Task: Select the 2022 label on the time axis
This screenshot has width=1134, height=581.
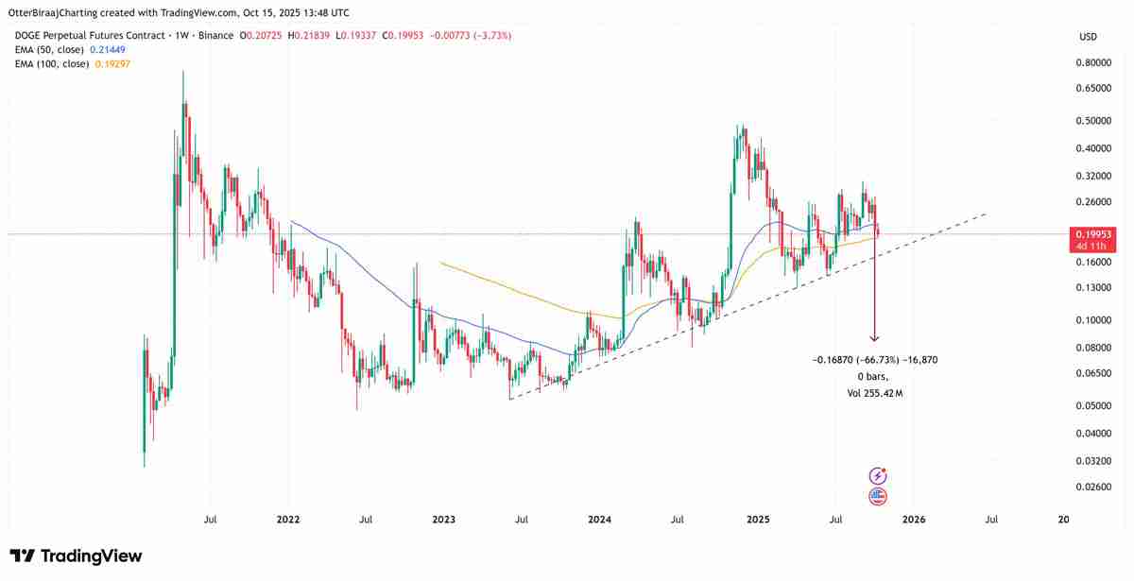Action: tap(288, 519)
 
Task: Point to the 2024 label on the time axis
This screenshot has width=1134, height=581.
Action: tap(598, 519)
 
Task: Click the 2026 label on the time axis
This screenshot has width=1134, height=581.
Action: tap(913, 519)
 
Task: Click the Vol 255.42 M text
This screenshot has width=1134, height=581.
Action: tap(875, 391)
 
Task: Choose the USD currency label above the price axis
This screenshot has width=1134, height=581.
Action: tap(1088, 37)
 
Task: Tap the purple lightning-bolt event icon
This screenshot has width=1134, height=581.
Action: tap(878, 476)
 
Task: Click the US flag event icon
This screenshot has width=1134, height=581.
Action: tap(878, 495)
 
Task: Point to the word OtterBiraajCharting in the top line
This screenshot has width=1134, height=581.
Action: tap(61, 13)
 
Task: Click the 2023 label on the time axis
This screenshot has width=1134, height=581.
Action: tap(443, 519)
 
